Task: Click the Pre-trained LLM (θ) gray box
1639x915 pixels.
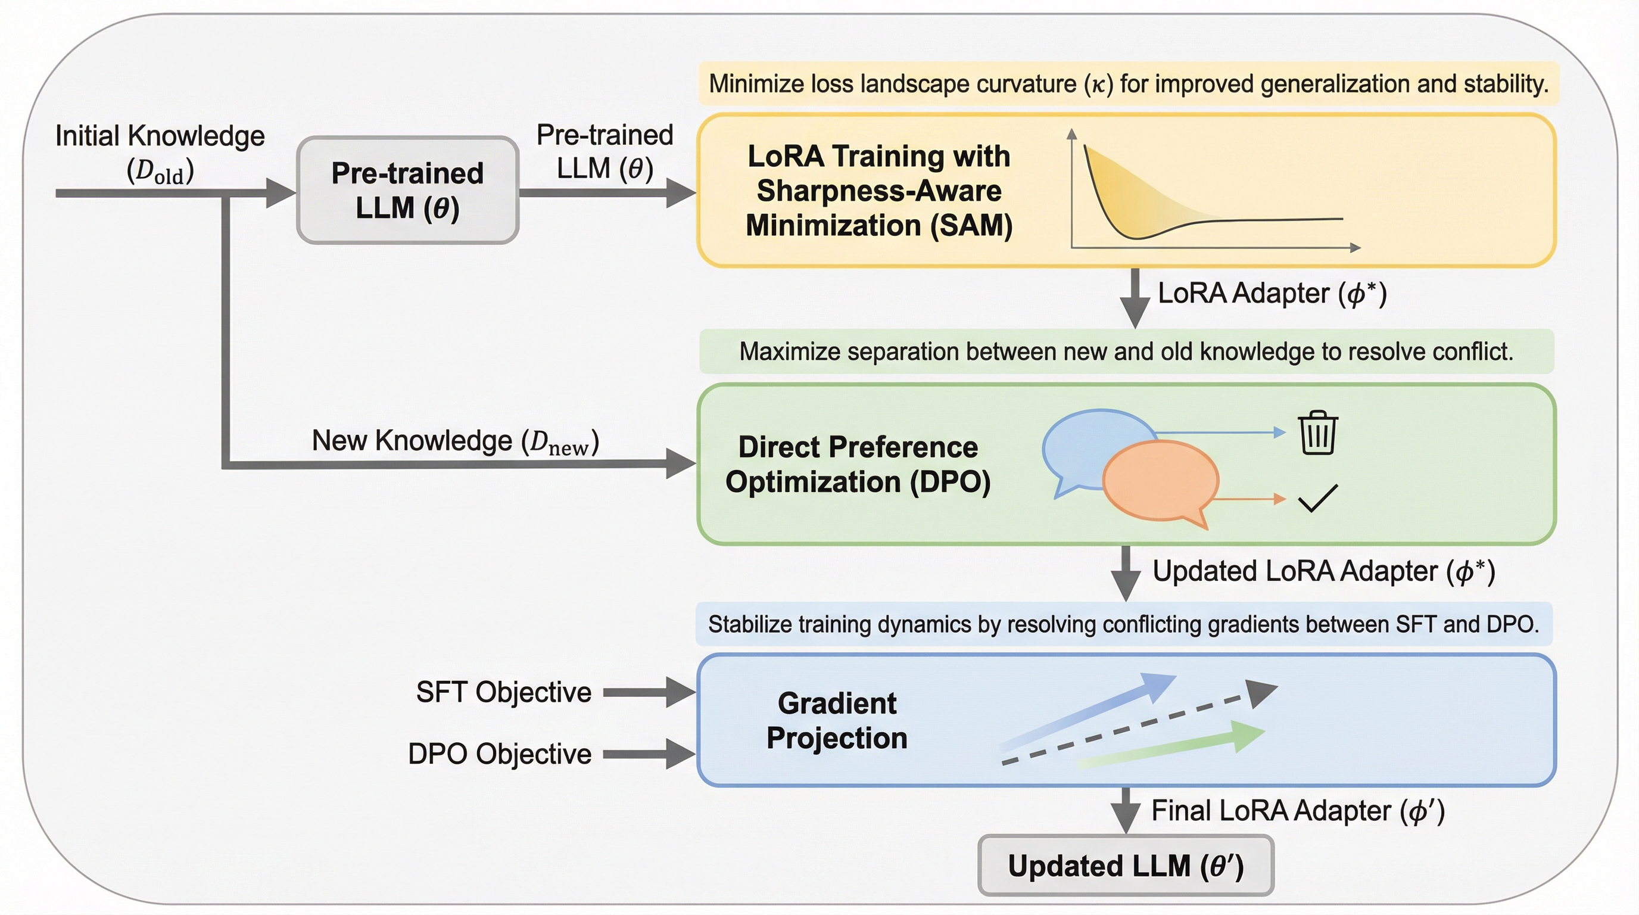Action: pyautogui.click(x=408, y=189)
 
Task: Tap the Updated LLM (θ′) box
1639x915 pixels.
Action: pyautogui.click(x=1125, y=866)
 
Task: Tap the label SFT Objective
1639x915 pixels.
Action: pyautogui.click(x=503, y=692)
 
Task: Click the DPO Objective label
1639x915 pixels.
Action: pyautogui.click(x=500, y=754)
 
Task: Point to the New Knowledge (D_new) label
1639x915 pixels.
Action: pyautogui.click(x=455, y=441)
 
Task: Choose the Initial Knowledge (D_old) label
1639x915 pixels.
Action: pyautogui.click(x=160, y=152)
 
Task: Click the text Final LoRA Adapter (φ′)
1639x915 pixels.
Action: pyautogui.click(x=1298, y=811)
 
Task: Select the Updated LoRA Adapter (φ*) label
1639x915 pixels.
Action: pyautogui.click(x=1323, y=571)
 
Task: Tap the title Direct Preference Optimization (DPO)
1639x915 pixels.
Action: pyautogui.click(x=858, y=465)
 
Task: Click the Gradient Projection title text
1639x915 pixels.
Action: pyautogui.click(x=837, y=720)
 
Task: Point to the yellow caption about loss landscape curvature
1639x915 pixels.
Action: pyautogui.click(x=1128, y=84)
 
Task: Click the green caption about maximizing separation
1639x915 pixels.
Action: pyautogui.click(x=1126, y=351)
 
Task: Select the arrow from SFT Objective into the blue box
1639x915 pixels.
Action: pyautogui.click(x=648, y=692)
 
